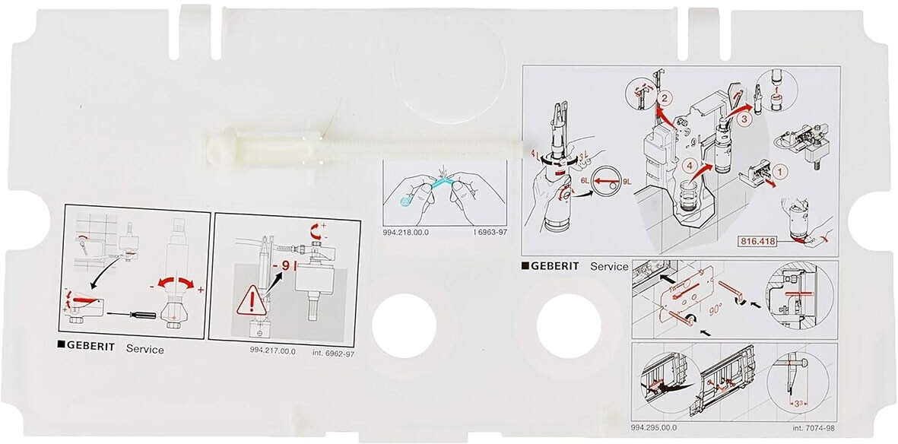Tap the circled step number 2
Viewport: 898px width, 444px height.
(x=664, y=98)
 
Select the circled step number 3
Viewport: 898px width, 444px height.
(x=745, y=119)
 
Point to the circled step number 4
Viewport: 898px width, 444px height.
(x=689, y=162)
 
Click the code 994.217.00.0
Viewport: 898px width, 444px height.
(x=271, y=350)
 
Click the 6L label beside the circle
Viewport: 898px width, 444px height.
(x=588, y=180)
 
